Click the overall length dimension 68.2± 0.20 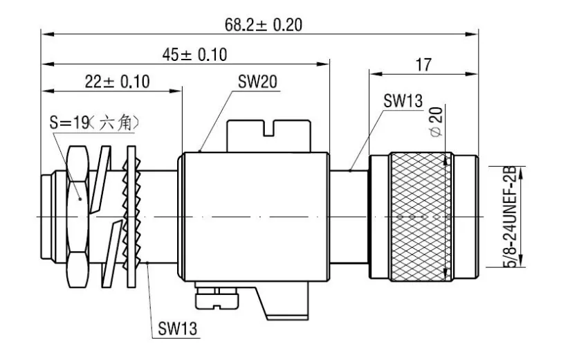point(263,24)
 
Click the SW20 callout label point(258,82)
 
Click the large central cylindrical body point(254,216)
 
